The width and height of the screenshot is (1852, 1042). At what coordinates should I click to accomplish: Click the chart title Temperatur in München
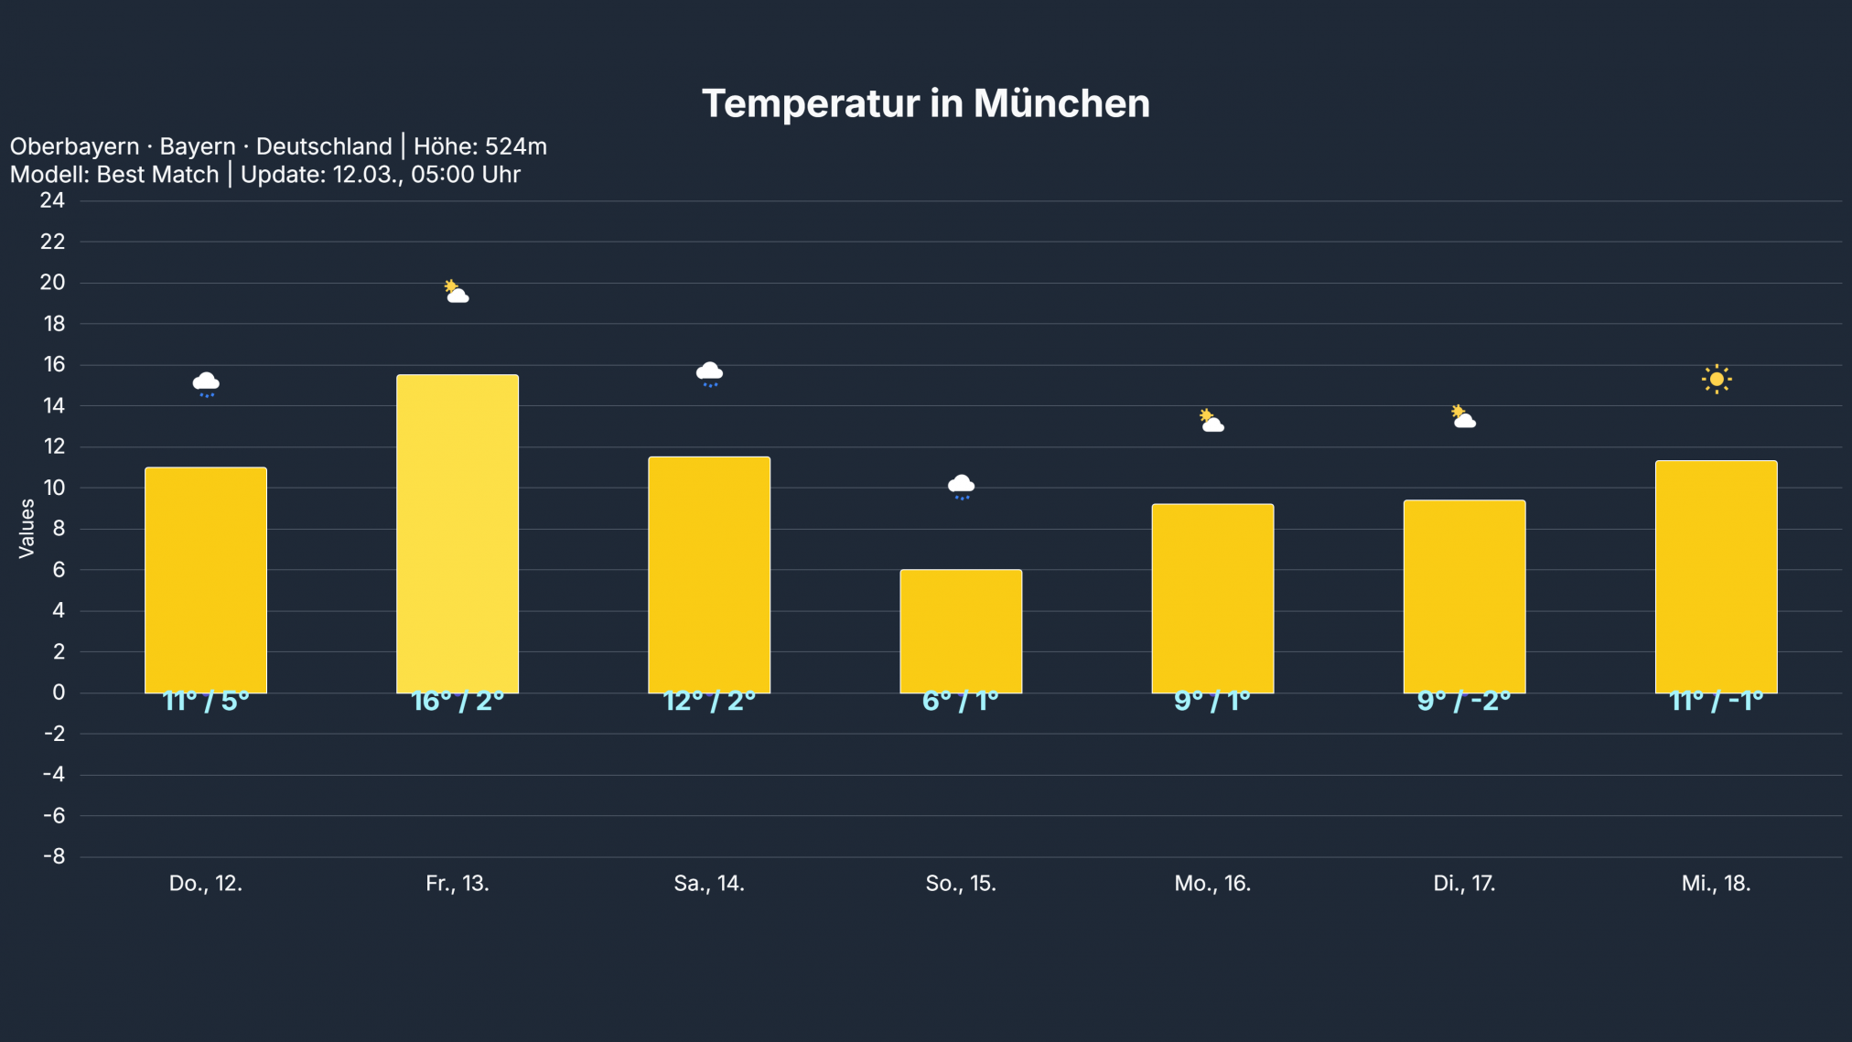pyautogui.click(x=925, y=103)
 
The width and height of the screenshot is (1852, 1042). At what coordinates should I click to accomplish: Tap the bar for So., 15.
pyautogui.click(x=961, y=631)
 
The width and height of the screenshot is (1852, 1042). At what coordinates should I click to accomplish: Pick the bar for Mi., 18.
pyautogui.click(x=1716, y=576)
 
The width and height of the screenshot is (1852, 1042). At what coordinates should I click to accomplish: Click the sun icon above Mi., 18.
pyautogui.click(x=1717, y=379)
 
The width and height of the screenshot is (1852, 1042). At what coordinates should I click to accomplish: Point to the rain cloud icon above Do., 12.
pyautogui.click(x=206, y=383)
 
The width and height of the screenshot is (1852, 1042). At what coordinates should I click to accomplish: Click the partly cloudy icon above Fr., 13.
pyautogui.click(x=457, y=292)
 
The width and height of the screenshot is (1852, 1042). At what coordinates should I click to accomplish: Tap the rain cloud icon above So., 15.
pyautogui.click(x=961, y=486)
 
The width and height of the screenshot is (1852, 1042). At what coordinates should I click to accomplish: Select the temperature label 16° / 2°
pyautogui.click(x=458, y=701)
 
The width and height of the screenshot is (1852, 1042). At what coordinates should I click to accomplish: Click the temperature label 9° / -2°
pyautogui.click(x=1464, y=701)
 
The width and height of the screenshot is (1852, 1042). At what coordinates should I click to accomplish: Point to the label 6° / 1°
pyautogui.click(x=961, y=701)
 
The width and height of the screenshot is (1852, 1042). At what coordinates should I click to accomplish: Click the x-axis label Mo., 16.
pyautogui.click(x=1212, y=884)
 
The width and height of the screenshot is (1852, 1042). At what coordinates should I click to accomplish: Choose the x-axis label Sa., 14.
pyautogui.click(x=709, y=884)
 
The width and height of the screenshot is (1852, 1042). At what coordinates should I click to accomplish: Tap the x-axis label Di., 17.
pyautogui.click(x=1464, y=884)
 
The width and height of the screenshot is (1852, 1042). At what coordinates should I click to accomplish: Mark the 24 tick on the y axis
pyautogui.click(x=52, y=200)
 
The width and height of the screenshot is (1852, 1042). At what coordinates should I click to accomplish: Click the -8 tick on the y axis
pyautogui.click(x=54, y=857)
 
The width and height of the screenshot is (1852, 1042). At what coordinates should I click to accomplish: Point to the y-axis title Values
pyautogui.click(x=27, y=528)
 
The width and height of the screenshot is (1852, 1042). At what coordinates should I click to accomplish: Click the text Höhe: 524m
pyautogui.click(x=480, y=146)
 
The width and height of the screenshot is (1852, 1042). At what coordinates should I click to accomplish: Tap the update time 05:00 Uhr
pyautogui.click(x=466, y=175)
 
